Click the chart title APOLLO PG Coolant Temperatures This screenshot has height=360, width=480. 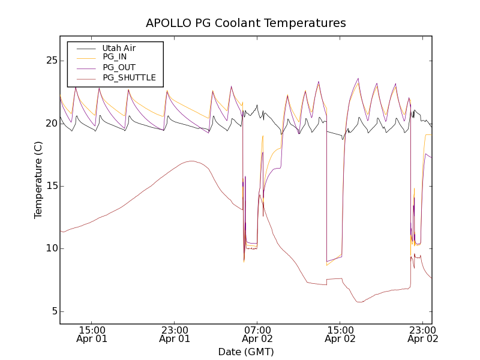pyautogui.click(x=246, y=23)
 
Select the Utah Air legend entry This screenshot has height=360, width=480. pyautogui.click(x=119, y=48)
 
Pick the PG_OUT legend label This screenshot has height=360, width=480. pyautogui.click(x=119, y=68)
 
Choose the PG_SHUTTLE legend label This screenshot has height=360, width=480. pyautogui.click(x=129, y=78)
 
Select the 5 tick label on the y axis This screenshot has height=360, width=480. pyautogui.click(x=53, y=311)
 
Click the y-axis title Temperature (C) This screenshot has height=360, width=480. pyautogui.click(x=38, y=180)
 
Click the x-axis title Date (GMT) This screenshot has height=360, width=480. pyautogui.click(x=246, y=352)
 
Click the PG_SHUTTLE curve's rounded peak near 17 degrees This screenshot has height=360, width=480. pyautogui.click(x=191, y=161)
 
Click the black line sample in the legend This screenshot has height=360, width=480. pyautogui.click(x=85, y=48)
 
